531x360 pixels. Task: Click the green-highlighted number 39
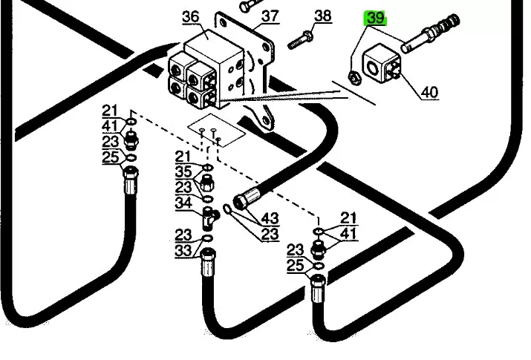coord(375,19)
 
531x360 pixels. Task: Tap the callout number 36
coord(191,16)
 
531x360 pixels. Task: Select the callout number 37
coord(270,16)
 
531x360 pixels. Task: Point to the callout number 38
coord(323,16)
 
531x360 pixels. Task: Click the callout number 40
coord(430,92)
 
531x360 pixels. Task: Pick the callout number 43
coord(270,218)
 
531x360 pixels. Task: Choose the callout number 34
coord(183,203)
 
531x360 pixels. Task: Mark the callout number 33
coord(183,251)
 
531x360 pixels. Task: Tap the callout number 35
coord(183,171)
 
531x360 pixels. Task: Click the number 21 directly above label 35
coord(183,157)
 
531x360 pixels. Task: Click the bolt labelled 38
coord(300,40)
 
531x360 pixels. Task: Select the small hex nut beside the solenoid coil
coord(354,78)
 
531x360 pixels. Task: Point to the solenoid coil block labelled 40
coord(382,65)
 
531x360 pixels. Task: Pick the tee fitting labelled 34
coord(210,217)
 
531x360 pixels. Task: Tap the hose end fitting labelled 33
coord(208,262)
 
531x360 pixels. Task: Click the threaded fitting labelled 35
coord(206,183)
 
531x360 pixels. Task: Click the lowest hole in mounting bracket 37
coord(266,121)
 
